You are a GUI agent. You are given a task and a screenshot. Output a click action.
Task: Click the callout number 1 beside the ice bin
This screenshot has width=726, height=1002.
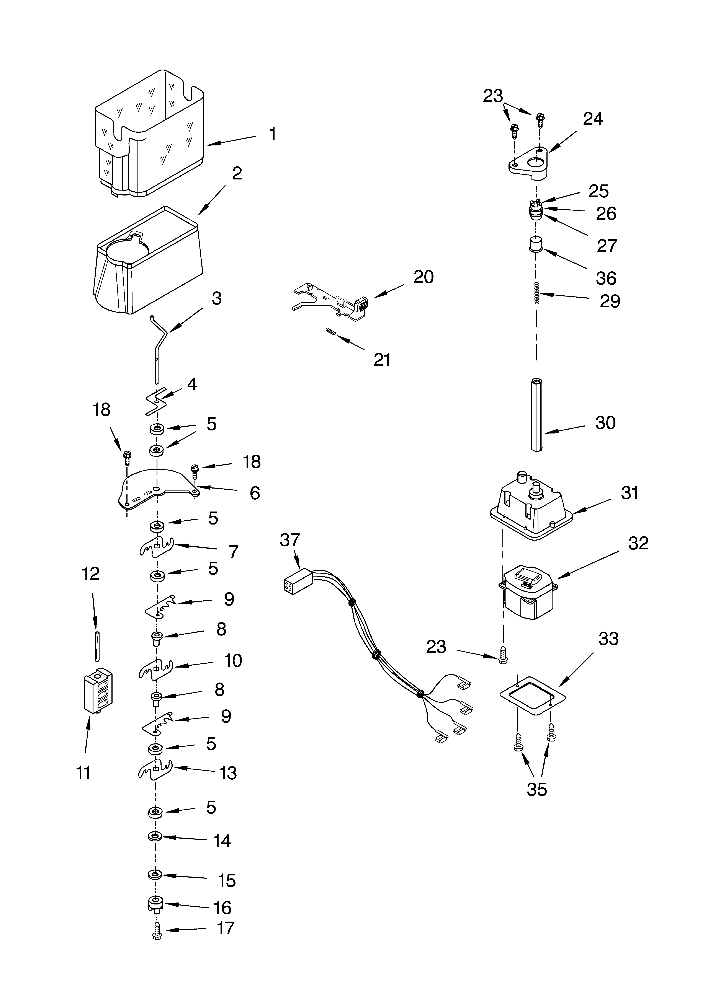273,134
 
